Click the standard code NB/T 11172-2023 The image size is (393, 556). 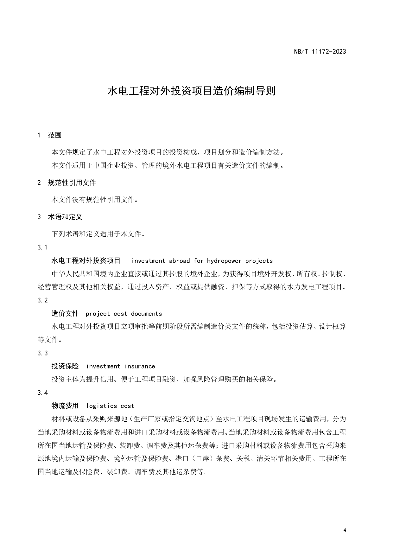[320, 51]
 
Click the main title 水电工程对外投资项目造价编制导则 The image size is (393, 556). [192, 91]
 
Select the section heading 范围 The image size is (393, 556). [54, 135]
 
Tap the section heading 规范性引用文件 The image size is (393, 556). [72, 182]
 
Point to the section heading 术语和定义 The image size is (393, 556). [65, 217]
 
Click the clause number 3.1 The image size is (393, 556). [42, 247]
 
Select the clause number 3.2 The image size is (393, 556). [42, 300]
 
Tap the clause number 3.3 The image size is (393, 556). [42, 353]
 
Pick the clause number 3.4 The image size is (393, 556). [42, 393]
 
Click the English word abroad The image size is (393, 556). [179, 261]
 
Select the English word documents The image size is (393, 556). [146, 314]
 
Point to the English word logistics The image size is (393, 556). [102, 406]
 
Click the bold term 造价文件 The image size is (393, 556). [65, 314]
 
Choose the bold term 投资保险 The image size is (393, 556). [65, 366]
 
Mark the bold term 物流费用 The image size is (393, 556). [65, 406]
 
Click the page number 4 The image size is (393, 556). [345, 530]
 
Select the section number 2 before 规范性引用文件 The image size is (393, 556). [39, 183]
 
